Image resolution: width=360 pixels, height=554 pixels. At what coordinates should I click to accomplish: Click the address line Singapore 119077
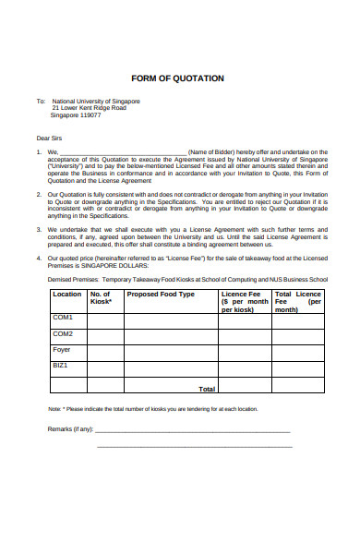click(76, 116)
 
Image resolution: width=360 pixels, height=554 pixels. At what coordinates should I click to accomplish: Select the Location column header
click(67, 295)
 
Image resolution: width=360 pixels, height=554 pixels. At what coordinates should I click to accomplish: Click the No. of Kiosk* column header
click(104, 298)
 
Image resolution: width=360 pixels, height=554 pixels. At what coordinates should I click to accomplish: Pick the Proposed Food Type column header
click(161, 295)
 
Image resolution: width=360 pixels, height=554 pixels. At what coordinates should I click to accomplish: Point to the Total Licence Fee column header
click(300, 302)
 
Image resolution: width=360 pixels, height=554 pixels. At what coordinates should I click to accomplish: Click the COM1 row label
click(63, 318)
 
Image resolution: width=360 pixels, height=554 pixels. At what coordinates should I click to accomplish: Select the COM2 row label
click(63, 334)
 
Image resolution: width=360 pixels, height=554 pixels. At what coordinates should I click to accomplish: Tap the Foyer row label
click(62, 350)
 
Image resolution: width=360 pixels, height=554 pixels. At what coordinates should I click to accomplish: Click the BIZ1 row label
click(61, 367)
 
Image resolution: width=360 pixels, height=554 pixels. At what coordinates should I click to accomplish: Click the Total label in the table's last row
click(207, 389)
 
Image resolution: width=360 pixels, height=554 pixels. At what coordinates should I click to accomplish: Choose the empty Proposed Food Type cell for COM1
click(171, 320)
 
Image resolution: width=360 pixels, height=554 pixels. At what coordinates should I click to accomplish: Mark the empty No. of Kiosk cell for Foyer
click(105, 354)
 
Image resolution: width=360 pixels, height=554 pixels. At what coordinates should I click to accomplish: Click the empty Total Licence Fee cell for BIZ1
click(300, 370)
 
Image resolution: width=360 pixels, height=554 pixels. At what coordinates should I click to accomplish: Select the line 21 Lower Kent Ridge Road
click(90, 108)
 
